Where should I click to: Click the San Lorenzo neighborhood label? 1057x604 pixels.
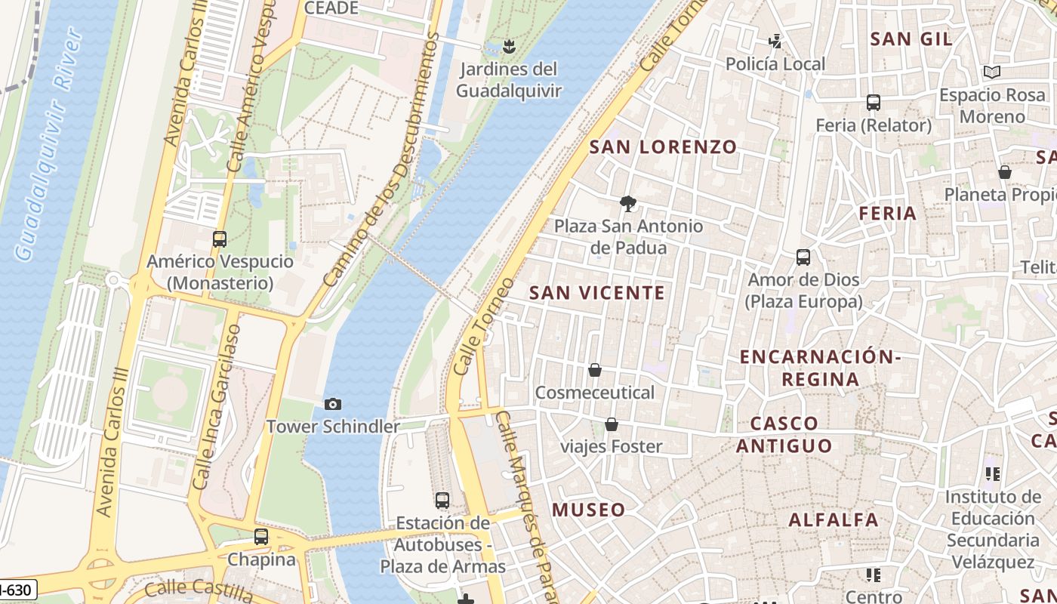(x=663, y=147)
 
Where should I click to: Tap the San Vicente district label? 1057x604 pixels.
(x=597, y=293)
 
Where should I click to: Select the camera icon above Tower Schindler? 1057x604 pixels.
(x=332, y=405)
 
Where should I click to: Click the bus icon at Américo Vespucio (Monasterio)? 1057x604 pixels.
(x=220, y=239)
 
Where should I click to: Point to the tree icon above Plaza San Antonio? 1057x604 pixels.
(x=627, y=203)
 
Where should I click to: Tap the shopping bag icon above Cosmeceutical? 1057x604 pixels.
(x=595, y=370)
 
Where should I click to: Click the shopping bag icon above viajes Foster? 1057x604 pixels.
(x=612, y=424)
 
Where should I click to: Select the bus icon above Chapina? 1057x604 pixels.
(x=261, y=537)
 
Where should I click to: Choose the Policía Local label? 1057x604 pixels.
(x=775, y=64)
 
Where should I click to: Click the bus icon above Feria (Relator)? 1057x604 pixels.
(x=874, y=103)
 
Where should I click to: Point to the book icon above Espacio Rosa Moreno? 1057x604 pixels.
(x=992, y=72)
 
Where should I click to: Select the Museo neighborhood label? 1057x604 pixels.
(x=589, y=510)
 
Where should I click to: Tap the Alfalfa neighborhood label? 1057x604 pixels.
(x=834, y=520)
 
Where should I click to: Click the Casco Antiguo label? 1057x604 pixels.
(x=784, y=434)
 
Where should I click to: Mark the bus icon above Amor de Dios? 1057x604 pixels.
(x=803, y=257)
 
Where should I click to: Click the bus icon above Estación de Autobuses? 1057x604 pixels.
(x=442, y=501)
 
